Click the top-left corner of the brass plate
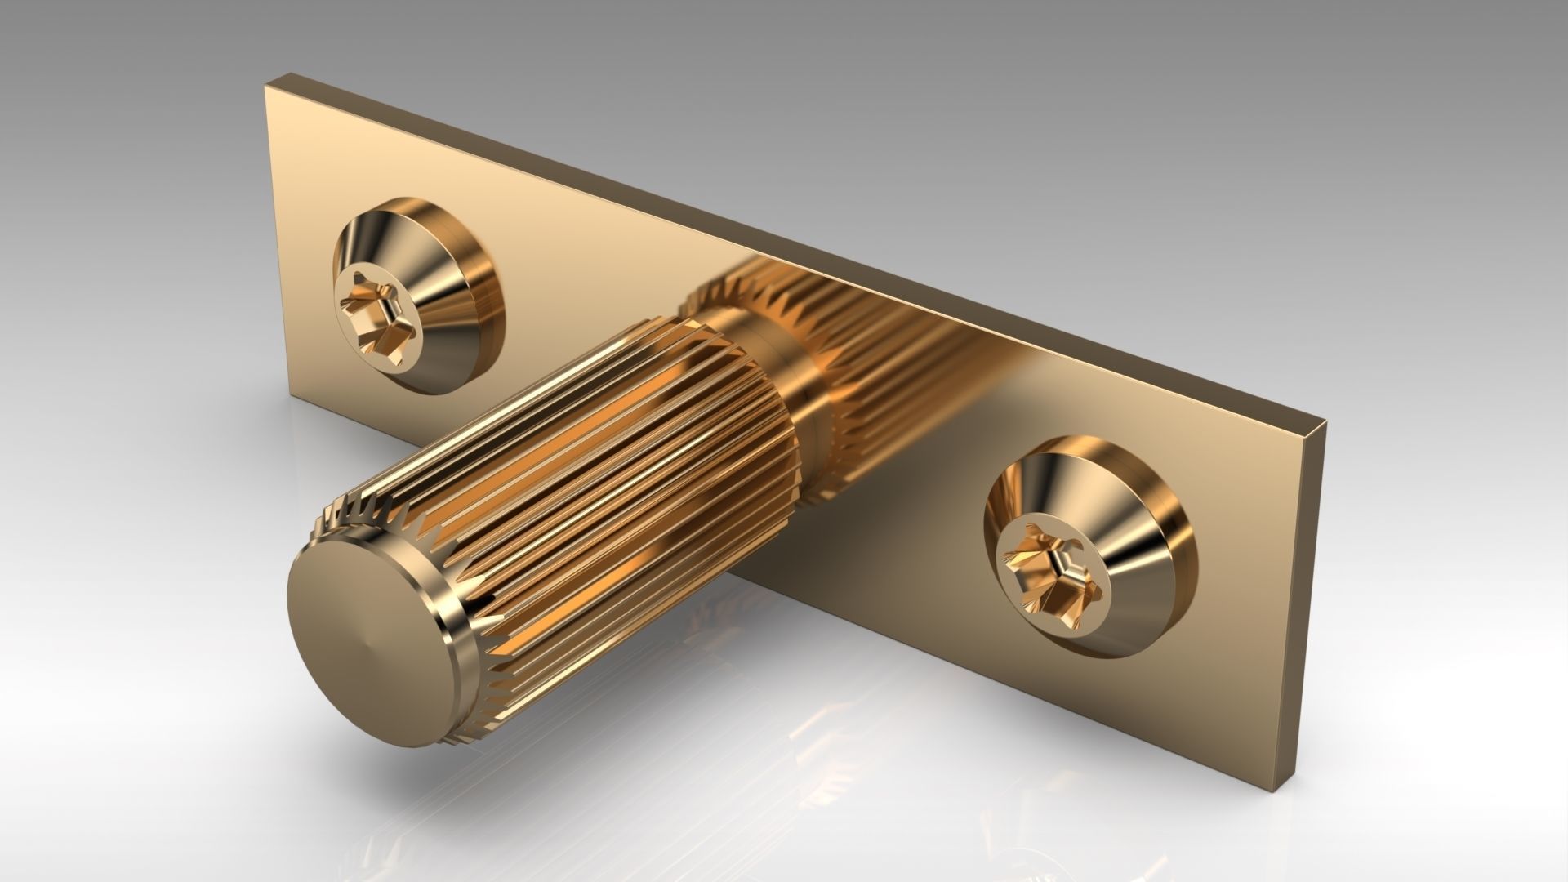pos(265,82)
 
